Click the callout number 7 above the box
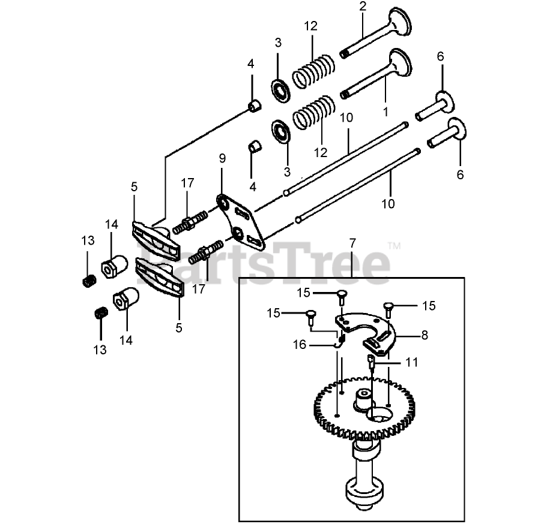pyautogui.click(x=352, y=243)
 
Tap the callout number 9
pyautogui.click(x=222, y=158)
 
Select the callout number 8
pyautogui.click(x=425, y=335)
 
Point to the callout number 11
pyautogui.click(x=411, y=363)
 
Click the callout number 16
pyautogui.click(x=299, y=344)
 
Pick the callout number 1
pyautogui.click(x=385, y=111)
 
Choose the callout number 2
pyautogui.click(x=362, y=7)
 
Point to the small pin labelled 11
pyautogui.click(x=372, y=362)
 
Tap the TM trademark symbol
pyautogui.click(x=394, y=245)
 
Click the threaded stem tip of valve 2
pyautogui.click(x=345, y=53)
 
